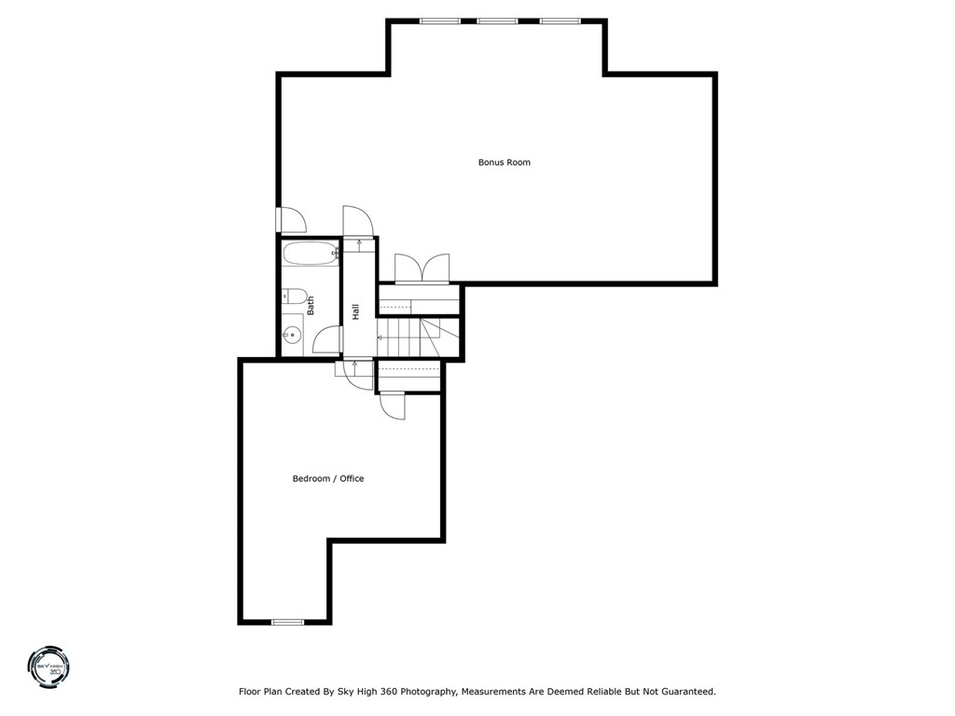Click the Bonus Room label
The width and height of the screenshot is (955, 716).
504,162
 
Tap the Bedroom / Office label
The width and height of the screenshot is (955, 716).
328,478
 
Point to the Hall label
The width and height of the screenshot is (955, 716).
355,311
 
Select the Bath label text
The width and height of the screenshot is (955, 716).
311,305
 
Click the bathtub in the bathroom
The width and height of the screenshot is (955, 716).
311,253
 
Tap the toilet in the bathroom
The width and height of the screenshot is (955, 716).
295,296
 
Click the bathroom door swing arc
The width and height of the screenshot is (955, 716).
325,340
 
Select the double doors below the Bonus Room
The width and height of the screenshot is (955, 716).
422,268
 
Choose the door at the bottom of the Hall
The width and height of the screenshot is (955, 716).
357,369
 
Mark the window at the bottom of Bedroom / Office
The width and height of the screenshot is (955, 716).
287,621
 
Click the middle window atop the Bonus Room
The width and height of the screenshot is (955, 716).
497,21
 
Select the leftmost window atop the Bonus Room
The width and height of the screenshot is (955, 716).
439,21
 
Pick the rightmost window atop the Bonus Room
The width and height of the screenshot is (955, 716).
560,21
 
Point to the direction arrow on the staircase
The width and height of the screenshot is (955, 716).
381,337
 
